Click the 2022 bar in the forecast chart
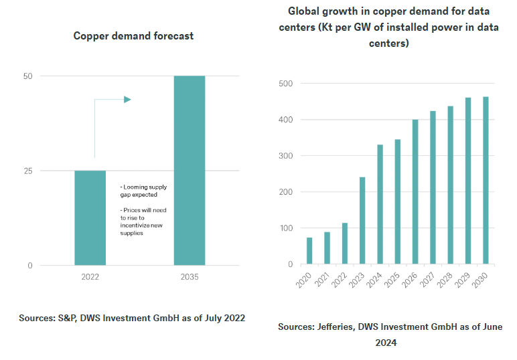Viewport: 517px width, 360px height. pos(90,217)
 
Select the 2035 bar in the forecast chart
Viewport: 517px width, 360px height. pos(190,170)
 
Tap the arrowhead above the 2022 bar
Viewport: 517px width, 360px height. pos(127,100)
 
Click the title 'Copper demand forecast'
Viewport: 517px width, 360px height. pos(133,35)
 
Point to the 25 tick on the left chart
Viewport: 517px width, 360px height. pos(27,171)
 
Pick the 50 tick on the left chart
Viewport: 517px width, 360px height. pos(27,76)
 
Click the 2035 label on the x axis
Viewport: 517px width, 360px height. pos(190,276)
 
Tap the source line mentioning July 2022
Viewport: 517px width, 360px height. pos(132,318)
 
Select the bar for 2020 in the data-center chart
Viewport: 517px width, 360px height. pos(309,250)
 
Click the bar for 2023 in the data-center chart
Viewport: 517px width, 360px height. pos(362,220)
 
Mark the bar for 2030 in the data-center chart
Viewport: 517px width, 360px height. pos(486,180)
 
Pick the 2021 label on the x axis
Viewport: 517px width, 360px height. pos(323,279)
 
